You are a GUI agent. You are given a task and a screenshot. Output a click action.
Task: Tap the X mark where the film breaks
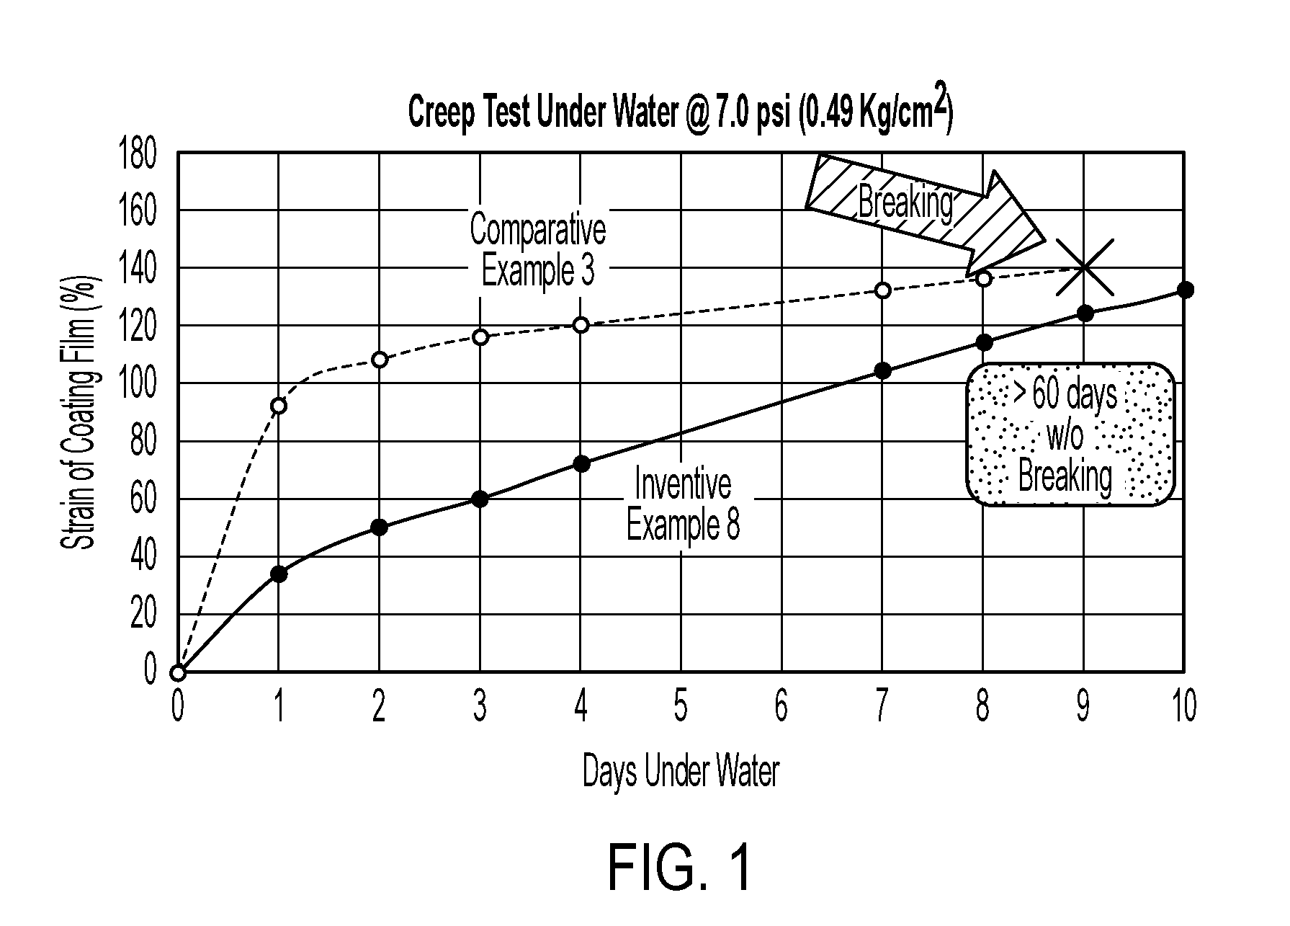(1085, 268)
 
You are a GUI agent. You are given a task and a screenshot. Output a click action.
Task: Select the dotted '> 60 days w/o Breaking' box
(1070, 434)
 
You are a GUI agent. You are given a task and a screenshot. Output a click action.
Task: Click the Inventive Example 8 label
(683, 504)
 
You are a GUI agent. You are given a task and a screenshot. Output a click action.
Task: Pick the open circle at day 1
(278, 406)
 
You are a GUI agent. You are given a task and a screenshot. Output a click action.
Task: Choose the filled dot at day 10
(1186, 290)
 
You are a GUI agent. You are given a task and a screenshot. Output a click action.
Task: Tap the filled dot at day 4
(581, 463)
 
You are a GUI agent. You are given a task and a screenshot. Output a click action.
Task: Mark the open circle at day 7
(883, 290)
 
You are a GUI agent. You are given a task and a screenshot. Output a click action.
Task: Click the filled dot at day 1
(278, 574)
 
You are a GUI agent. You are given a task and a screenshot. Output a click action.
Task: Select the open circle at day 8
(984, 278)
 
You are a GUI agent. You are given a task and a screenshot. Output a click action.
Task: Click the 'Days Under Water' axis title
(681, 772)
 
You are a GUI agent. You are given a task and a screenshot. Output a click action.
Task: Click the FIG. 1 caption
(680, 868)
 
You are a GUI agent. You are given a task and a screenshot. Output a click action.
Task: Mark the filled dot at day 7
(883, 371)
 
